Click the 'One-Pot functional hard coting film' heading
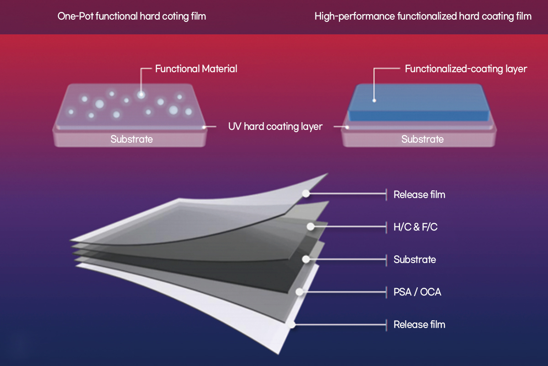[x=132, y=16]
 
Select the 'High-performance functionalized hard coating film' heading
[x=423, y=16]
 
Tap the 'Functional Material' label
[x=196, y=69]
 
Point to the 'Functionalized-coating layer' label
[x=466, y=69]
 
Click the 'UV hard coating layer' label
[x=275, y=126]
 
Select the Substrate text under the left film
[x=132, y=139]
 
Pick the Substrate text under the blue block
[x=422, y=139]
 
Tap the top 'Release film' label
[x=419, y=194]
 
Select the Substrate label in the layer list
[x=414, y=259]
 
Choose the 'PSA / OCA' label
[x=417, y=291]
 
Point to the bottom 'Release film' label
[x=419, y=324]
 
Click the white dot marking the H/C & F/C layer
[x=311, y=226]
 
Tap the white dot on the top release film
[x=306, y=194]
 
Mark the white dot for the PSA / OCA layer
[x=299, y=291]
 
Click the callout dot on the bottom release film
[x=292, y=324]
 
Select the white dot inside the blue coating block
[x=374, y=100]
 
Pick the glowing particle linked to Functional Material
[x=141, y=95]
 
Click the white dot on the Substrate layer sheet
[x=306, y=259]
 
